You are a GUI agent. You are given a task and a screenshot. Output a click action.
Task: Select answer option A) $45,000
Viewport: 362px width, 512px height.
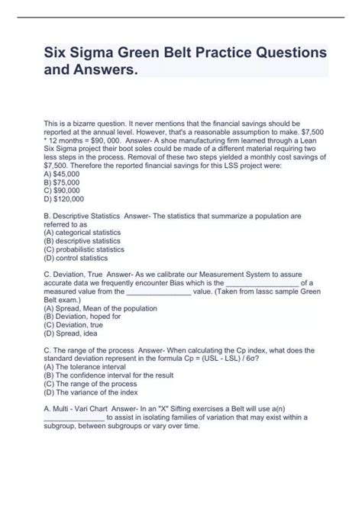[63, 175]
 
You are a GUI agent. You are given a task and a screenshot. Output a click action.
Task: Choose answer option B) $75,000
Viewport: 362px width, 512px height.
[63, 183]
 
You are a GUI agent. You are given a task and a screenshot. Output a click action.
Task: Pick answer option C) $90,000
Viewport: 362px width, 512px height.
[63, 192]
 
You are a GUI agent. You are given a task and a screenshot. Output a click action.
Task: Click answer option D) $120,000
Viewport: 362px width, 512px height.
[65, 201]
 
